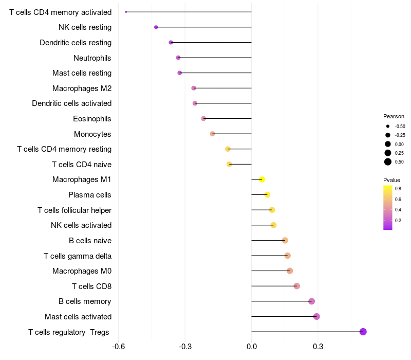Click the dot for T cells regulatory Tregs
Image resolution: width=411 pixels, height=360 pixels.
point(363,332)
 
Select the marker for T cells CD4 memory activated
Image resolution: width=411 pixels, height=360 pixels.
point(126,12)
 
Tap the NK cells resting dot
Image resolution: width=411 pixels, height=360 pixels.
point(156,27)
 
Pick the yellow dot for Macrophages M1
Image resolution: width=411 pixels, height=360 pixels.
point(262,179)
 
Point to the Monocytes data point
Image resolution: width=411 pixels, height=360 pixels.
point(212,134)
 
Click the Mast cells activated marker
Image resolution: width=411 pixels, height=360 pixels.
point(316,316)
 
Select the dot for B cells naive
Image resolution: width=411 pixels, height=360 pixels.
point(285,240)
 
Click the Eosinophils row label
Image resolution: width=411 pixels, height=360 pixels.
point(92,119)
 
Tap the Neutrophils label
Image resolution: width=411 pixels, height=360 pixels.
point(92,58)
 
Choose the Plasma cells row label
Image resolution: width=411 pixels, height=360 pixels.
point(89,195)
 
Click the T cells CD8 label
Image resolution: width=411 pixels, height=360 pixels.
point(92,286)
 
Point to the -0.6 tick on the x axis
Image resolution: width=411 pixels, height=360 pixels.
point(118,347)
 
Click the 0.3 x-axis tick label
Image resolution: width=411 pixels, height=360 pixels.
point(318,347)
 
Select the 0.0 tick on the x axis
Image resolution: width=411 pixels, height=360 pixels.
point(252,347)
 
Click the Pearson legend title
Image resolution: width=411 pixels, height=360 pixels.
point(394,116)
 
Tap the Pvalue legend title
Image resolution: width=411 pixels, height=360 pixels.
point(391,180)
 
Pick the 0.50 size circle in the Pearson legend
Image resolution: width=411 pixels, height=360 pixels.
point(388,162)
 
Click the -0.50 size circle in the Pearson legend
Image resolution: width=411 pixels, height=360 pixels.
point(388,126)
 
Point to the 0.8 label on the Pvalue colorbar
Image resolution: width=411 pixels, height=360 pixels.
point(398,189)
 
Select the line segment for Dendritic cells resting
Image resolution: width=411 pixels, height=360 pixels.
point(211,42)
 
